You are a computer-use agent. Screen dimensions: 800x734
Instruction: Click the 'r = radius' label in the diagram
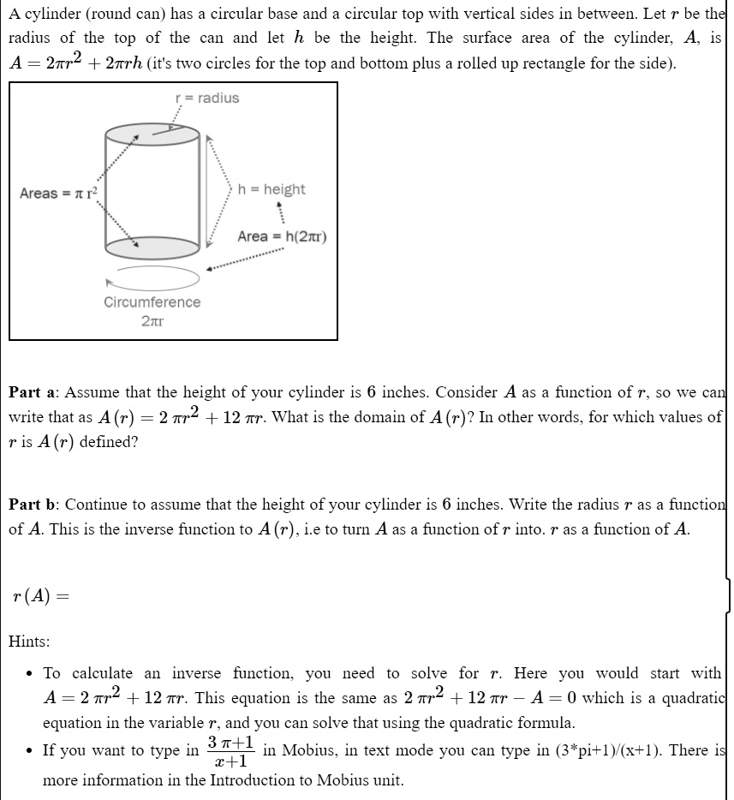(207, 99)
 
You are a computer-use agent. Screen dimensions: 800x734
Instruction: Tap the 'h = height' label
(272, 189)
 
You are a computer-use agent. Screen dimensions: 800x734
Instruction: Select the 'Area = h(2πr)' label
(282, 236)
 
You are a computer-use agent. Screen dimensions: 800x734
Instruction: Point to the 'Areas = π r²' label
(57, 194)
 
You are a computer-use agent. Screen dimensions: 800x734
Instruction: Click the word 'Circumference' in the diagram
(152, 302)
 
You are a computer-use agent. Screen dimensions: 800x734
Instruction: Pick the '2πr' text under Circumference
(152, 322)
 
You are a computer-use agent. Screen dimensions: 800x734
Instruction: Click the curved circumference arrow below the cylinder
(152, 277)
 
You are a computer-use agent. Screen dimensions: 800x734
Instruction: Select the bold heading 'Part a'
(33, 393)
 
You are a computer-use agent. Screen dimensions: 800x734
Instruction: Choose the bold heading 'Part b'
(33, 504)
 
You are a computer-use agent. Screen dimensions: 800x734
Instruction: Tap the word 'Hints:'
(29, 641)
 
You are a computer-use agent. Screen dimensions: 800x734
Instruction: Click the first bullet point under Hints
(30, 674)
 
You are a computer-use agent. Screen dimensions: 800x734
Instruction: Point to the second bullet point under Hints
(30, 751)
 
